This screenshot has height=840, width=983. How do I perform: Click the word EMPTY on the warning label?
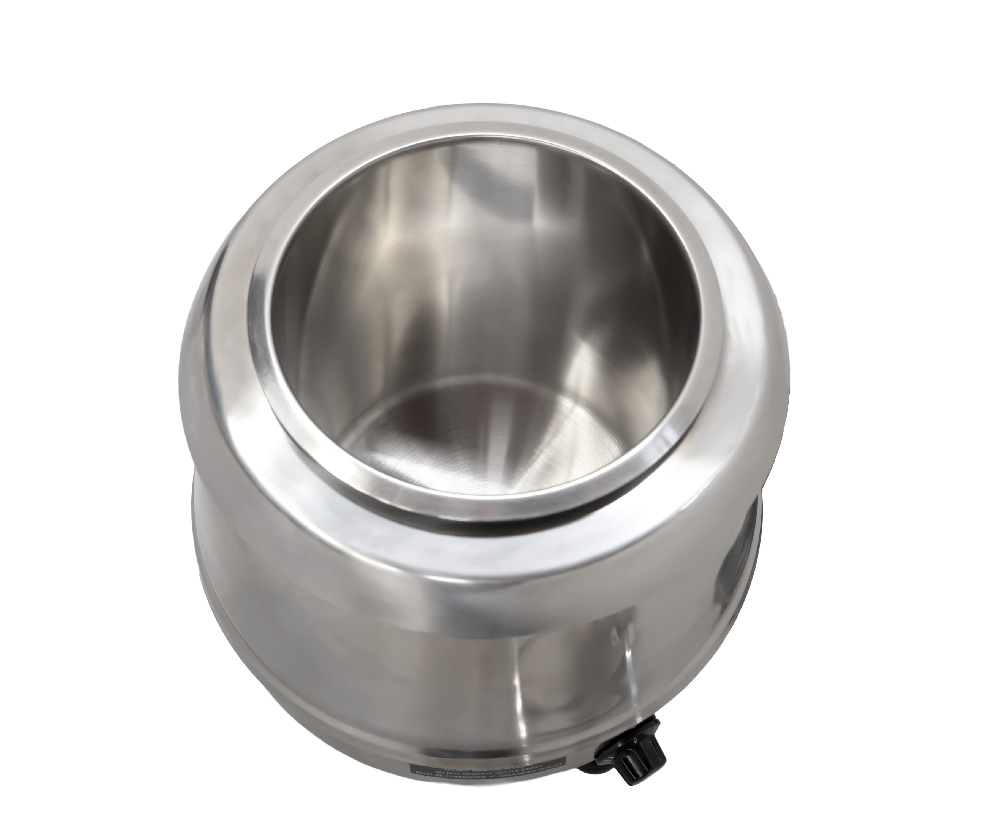point(535,767)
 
